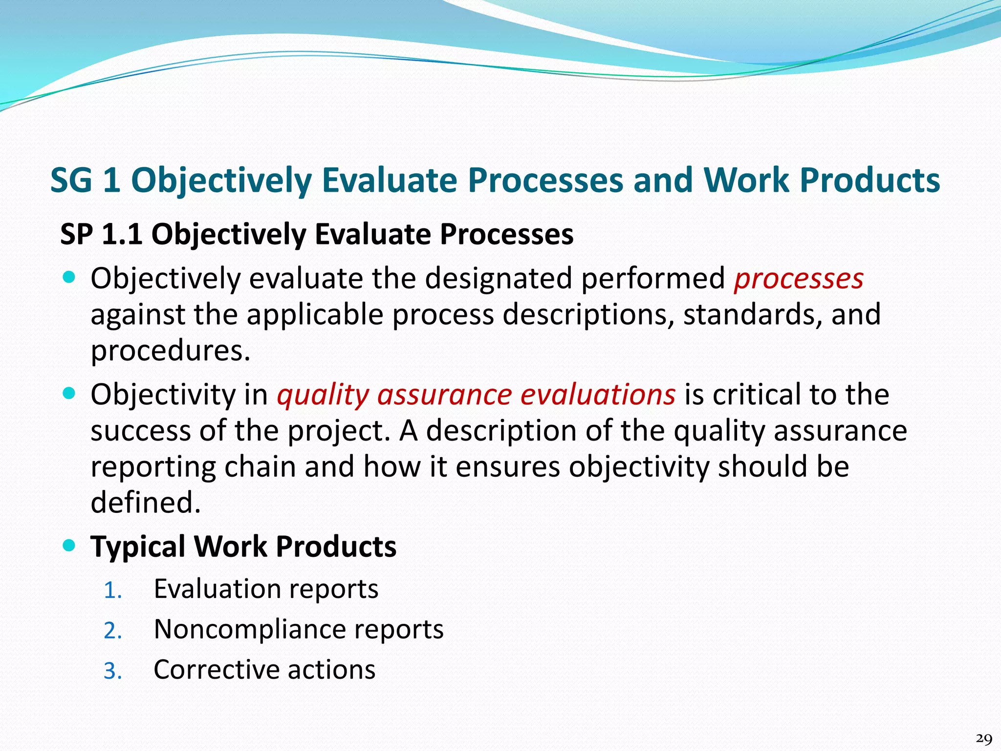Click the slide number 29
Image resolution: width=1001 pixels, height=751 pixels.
click(x=983, y=738)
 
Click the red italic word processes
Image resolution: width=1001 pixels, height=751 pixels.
click(x=799, y=280)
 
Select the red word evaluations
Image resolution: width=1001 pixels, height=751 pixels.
click(x=598, y=395)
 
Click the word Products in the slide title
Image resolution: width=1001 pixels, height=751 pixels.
click(x=870, y=180)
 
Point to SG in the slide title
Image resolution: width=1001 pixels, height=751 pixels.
click(x=71, y=180)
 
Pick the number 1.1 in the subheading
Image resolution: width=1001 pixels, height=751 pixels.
click(x=122, y=234)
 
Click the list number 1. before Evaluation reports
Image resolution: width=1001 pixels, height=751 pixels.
click(x=112, y=591)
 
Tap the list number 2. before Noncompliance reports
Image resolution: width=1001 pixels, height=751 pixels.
click(x=112, y=631)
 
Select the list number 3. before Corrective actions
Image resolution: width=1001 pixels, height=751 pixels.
click(x=112, y=671)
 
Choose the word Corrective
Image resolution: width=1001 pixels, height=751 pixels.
click(x=216, y=670)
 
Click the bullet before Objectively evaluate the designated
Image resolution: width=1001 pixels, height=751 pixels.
click(x=70, y=277)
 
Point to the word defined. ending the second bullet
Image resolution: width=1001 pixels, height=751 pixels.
click(x=146, y=503)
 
